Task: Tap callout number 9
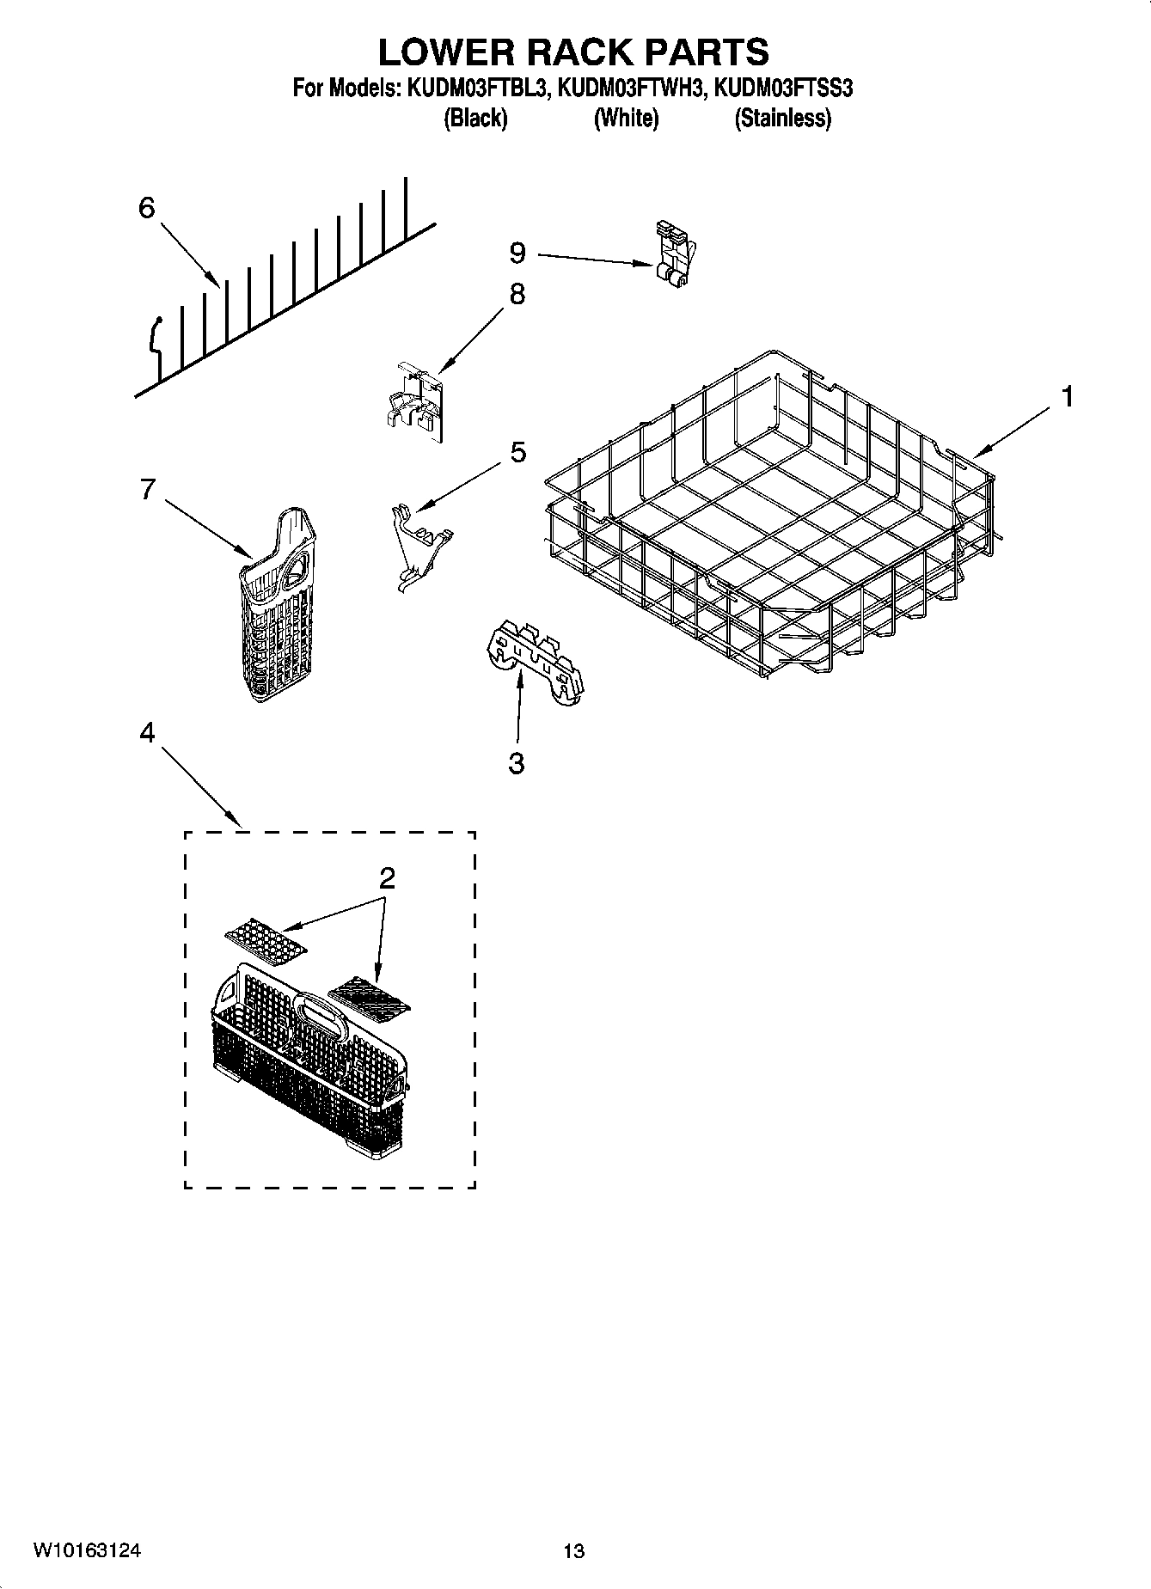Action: (x=517, y=253)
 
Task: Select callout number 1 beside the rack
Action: (x=1067, y=397)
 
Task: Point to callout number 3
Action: (x=516, y=763)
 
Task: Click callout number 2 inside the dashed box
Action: (x=387, y=878)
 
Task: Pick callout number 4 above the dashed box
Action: (x=147, y=733)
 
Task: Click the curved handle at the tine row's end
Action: (x=154, y=339)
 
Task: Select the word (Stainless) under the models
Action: (x=782, y=119)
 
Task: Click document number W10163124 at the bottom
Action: (x=87, y=1550)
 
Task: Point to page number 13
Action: (x=573, y=1551)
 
